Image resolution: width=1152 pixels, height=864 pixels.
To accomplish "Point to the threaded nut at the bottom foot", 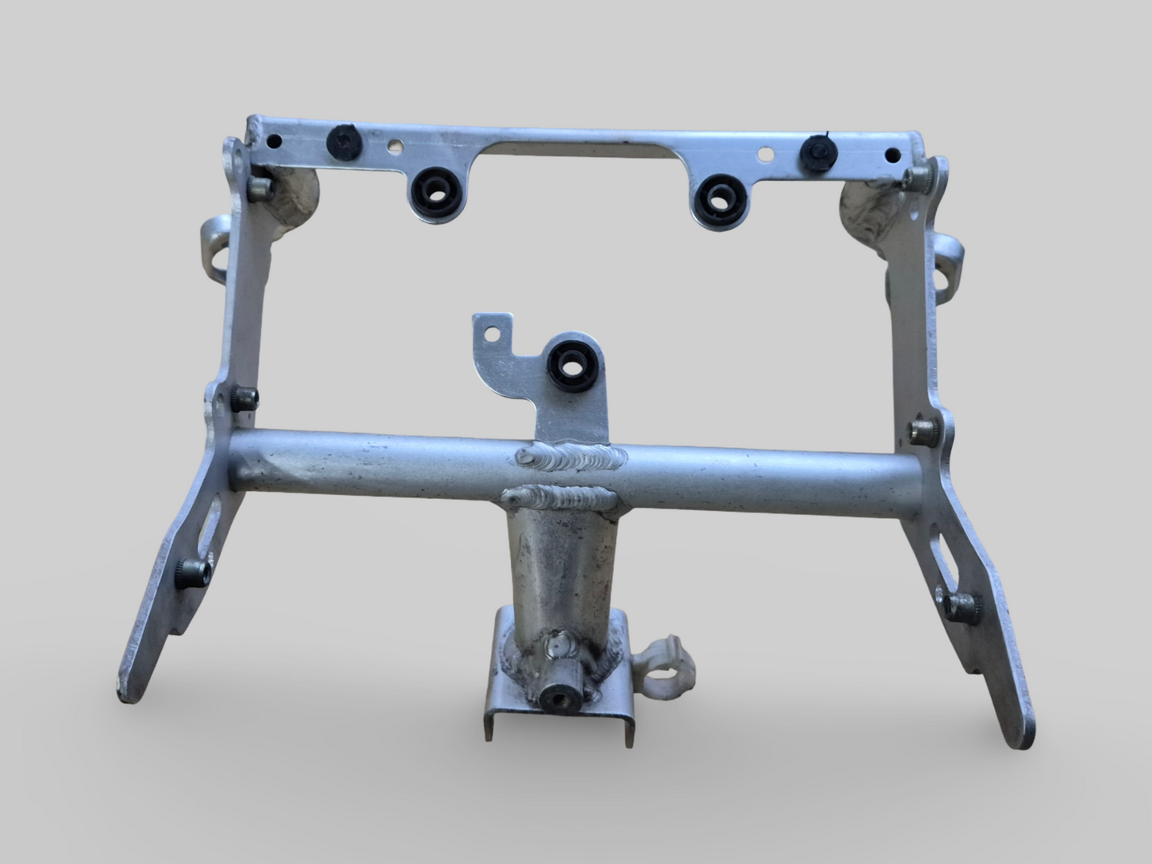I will pos(553,698).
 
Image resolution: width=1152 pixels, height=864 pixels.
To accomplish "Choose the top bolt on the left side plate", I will pos(259,189).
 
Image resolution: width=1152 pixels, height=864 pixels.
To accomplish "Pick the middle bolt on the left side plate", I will pos(244,395).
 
